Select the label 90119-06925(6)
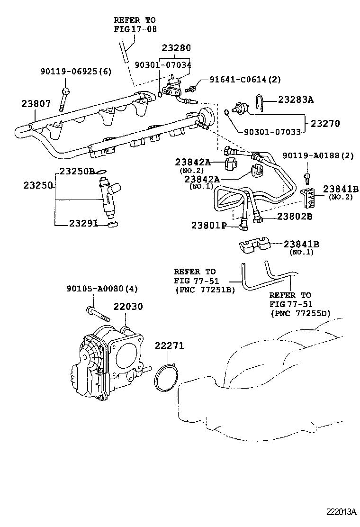[x=75, y=72]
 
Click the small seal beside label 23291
[x=112, y=224]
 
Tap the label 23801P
[x=213, y=225]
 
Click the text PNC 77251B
[x=205, y=289]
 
